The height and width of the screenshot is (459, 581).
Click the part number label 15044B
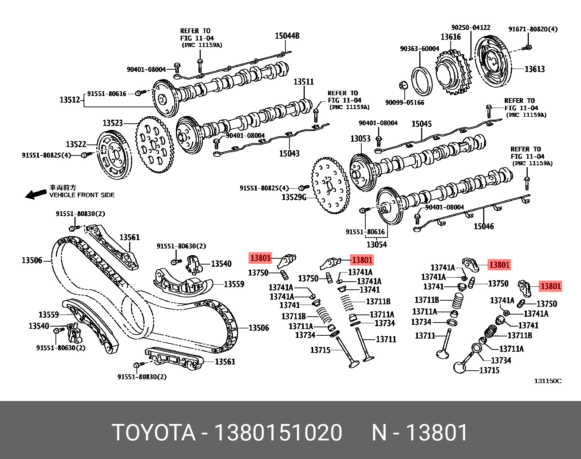tap(287, 36)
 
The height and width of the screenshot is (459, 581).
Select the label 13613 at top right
tap(534, 69)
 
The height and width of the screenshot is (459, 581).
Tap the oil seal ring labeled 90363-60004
tap(422, 81)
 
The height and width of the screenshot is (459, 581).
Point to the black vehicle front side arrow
tap(36, 194)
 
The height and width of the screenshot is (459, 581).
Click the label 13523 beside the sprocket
tap(113, 123)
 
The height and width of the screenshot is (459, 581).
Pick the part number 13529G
tap(294, 197)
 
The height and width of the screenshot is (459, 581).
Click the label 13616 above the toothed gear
tap(450, 37)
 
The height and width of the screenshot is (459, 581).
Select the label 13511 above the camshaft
tap(304, 82)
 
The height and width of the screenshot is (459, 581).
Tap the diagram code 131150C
tap(548, 381)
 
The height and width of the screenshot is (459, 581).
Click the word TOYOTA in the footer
tap(154, 433)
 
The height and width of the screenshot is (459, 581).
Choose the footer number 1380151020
tap(278, 433)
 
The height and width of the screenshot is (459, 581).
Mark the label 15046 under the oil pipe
tap(484, 226)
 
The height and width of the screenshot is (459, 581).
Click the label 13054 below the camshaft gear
tap(376, 244)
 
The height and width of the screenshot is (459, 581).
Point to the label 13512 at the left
tap(70, 100)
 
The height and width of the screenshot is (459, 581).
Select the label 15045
tap(422, 124)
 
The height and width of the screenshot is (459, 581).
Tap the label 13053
tap(360, 139)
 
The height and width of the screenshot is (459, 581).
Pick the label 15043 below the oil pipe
tap(289, 154)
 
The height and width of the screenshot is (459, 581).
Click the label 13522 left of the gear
tap(76, 144)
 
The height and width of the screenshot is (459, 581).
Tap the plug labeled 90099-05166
tap(403, 86)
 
